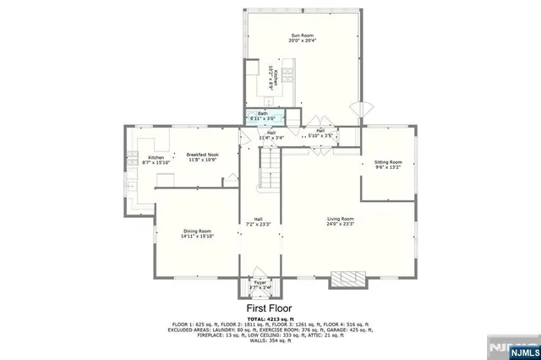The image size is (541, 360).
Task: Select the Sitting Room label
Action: coord(388,161)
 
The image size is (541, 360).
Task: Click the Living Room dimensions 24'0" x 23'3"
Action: coord(340,225)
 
